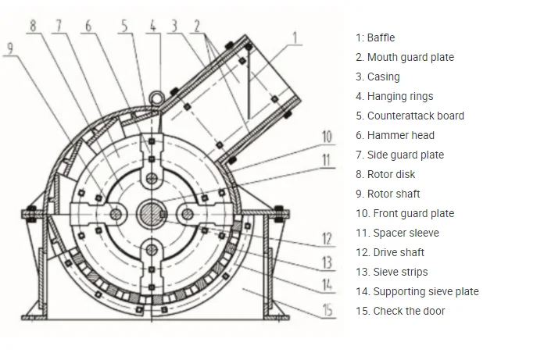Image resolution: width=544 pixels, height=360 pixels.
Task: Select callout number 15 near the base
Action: (x=327, y=310)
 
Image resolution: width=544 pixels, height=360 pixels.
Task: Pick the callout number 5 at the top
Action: (x=124, y=25)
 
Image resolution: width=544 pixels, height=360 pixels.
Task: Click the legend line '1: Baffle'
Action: (x=375, y=37)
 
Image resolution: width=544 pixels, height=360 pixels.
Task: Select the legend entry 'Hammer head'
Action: (x=395, y=135)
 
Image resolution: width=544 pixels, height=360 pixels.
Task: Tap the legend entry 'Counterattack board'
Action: (x=410, y=116)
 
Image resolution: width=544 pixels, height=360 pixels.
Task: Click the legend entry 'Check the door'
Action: (x=400, y=311)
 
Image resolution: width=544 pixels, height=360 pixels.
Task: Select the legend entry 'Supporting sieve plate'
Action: (x=417, y=291)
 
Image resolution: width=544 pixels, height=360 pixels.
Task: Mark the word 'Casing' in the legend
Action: (x=383, y=77)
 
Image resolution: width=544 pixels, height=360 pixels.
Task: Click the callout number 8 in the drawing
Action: (x=32, y=25)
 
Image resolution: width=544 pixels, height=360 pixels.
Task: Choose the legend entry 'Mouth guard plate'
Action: (x=404, y=57)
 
